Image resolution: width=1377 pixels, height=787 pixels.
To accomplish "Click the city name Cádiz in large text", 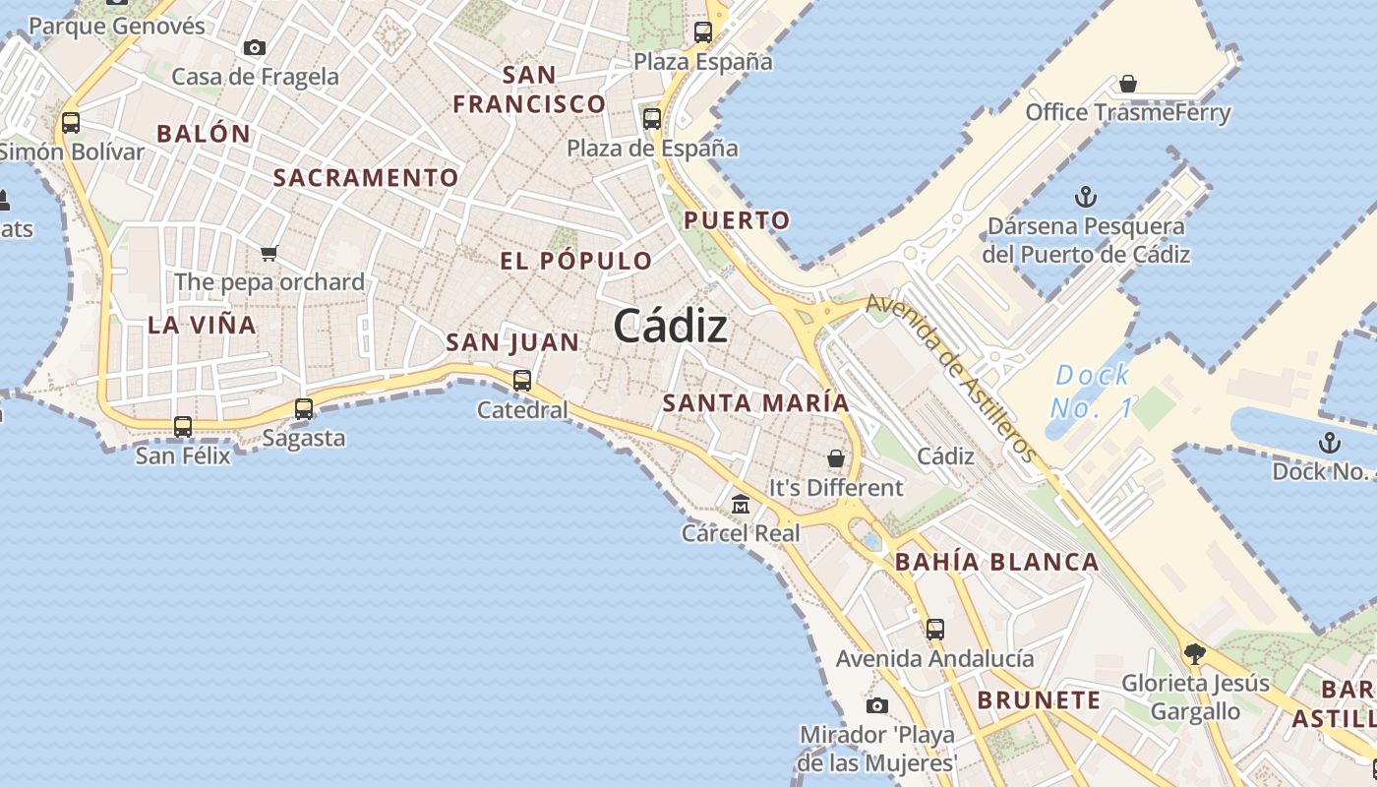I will (671, 327).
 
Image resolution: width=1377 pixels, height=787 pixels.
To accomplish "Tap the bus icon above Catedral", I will (522, 380).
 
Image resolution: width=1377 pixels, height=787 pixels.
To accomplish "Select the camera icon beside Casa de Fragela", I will (255, 47).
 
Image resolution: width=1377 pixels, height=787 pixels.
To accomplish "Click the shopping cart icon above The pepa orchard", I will (269, 253).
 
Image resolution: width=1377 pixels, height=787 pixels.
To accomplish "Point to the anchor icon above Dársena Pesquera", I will (1085, 197).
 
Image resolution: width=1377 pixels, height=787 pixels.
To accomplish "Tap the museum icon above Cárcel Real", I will (741, 504).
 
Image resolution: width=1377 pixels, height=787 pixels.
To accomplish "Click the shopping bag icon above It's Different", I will (835, 458).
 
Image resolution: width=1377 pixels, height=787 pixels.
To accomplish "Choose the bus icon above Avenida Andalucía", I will (934, 629).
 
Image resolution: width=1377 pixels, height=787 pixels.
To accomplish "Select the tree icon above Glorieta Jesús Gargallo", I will (1194, 653).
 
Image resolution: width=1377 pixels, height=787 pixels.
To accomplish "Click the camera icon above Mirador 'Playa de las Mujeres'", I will (876, 705).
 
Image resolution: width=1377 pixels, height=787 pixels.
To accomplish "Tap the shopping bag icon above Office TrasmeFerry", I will (1128, 85).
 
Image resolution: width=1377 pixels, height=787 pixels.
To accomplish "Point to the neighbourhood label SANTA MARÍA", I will (755, 402).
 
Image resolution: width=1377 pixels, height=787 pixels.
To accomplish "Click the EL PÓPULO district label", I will (575, 261).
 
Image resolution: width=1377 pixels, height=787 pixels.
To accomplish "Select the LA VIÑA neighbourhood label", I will (202, 325).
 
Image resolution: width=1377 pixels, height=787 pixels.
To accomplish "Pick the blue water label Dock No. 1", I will (1092, 391).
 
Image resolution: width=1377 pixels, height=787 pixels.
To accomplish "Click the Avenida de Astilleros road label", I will (951, 378).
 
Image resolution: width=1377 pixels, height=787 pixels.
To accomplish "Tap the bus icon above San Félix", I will (183, 427).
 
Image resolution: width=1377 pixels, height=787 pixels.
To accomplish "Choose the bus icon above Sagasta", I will (304, 409).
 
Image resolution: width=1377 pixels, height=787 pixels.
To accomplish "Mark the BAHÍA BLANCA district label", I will (996, 562).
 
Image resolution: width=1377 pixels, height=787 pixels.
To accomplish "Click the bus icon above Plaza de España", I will (652, 119).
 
